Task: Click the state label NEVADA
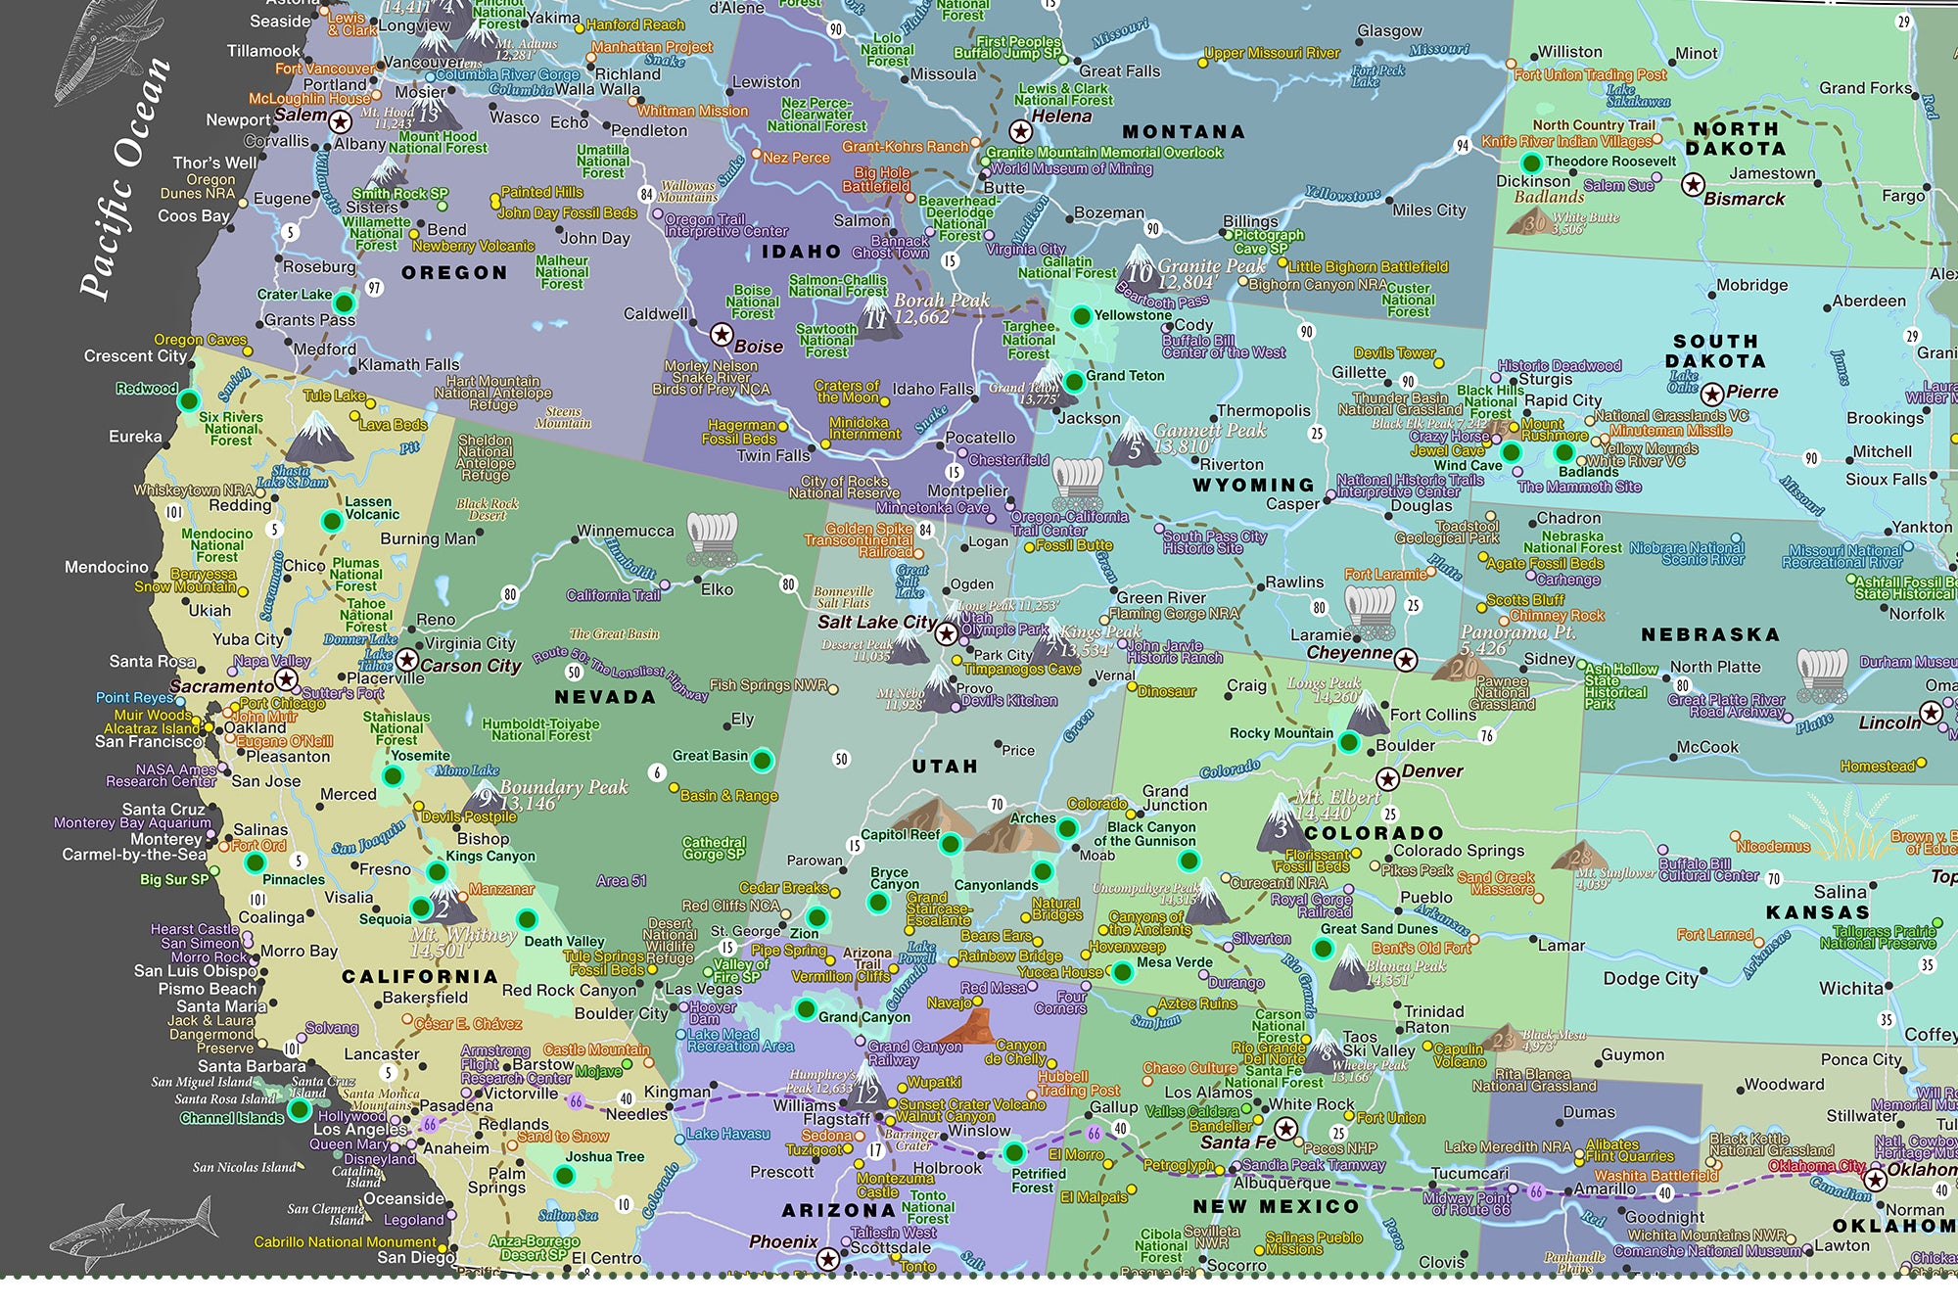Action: tap(604, 697)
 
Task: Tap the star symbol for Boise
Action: tap(722, 335)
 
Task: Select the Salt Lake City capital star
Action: tap(946, 632)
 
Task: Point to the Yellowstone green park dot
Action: tap(1081, 315)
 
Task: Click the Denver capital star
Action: tap(1387, 779)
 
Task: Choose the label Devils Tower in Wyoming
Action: tap(1394, 352)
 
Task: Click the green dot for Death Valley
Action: tap(527, 919)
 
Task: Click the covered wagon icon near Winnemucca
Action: tap(712, 537)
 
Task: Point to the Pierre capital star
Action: tap(1711, 394)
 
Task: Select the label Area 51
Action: tap(621, 880)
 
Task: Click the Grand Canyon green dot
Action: tap(806, 1008)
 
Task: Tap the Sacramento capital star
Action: tap(286, 679)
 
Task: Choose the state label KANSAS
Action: tap(1817, 911)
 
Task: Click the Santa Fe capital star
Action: tap(1286, 1129)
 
